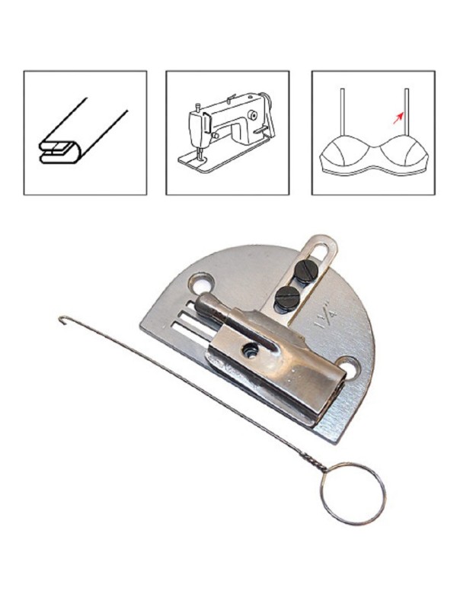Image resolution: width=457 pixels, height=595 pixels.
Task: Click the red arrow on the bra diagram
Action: tap(398, 118)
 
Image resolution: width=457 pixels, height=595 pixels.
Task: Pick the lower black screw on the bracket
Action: tap(286, 297)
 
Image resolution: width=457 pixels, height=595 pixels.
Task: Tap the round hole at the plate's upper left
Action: tap(202, 282)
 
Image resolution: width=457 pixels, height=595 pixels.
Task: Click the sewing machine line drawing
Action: tap(228, 133)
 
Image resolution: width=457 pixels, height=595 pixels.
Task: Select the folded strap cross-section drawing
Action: tap(83, 131)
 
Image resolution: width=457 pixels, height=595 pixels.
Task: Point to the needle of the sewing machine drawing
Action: tap(198, 154)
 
